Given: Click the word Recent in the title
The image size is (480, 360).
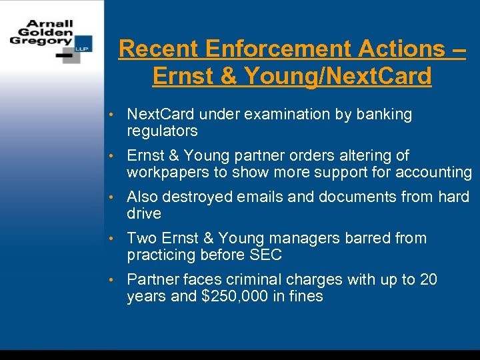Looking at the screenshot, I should [159, 49].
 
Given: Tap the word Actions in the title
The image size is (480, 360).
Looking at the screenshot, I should [401, 49].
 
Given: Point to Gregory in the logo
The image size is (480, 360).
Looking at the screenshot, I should [40, 40].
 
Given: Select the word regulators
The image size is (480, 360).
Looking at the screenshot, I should [162, 131].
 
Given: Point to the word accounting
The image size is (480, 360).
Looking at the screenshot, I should [433, 172].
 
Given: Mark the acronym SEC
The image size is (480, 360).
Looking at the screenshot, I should [265, 255].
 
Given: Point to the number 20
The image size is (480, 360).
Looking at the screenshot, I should [427, 280].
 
